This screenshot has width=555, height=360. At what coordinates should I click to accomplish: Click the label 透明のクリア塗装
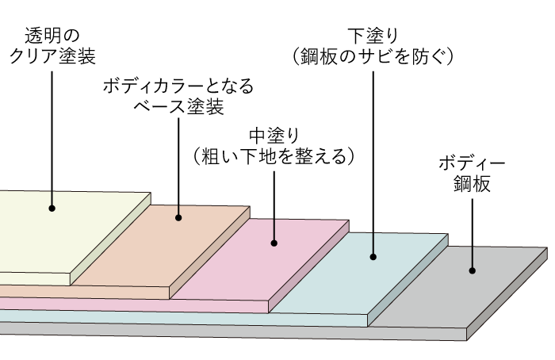53,45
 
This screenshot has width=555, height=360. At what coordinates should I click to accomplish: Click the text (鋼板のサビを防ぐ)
372,56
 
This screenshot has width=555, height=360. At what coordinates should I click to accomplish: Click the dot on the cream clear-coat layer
53,208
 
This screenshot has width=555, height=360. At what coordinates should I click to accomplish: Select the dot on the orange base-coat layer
179,217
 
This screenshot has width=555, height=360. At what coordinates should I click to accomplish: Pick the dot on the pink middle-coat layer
274,243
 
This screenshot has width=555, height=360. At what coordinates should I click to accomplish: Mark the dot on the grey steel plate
473,270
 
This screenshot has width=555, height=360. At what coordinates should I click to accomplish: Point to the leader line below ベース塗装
178,167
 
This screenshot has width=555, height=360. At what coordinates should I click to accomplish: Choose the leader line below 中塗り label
274,206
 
